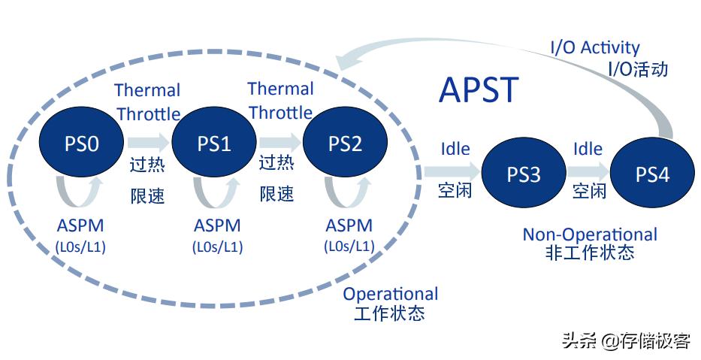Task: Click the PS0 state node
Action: (x=82, y=143)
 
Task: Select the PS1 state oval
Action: (x=214, y=143)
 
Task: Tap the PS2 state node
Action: (x=345, y=143)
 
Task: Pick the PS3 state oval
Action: (x=524, y=174)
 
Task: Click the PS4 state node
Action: (x=652, y=174)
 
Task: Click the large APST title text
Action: (x=479, y=90)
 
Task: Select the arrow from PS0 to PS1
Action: (x=148, y=142)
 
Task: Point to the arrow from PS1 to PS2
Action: (x=279, y=142)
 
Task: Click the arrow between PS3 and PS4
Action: (x=588, y=172)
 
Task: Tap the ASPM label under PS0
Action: (x=80, y=225)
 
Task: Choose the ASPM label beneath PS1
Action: (x=217, y=225)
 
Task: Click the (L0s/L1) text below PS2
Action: (x=349, y=246)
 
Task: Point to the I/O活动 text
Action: (x=637, y=69)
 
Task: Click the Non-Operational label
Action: (x=590, y=234)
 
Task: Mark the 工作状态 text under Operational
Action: (x=388, y=313)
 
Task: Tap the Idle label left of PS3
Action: (x=455, y=148)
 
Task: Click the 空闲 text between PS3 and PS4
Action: (x=589, y=191)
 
